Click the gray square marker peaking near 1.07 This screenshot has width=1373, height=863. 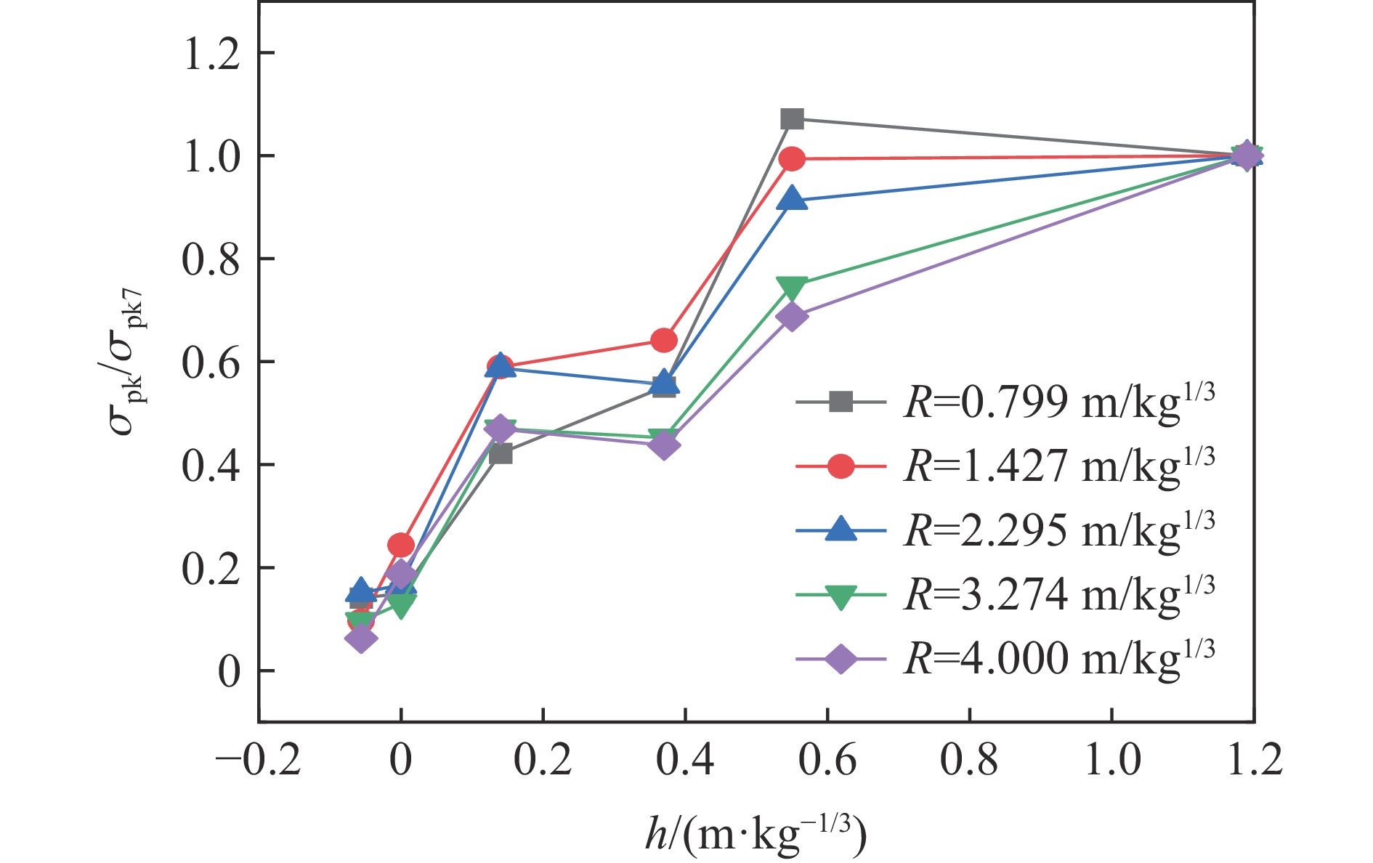coord(792,118)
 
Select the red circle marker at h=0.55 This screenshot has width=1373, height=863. coord(792,158)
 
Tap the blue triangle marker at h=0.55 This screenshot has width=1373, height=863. coord(792,199)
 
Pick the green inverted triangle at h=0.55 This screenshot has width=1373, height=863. coord(792,288)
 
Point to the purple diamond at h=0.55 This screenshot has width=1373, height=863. coord(792,316)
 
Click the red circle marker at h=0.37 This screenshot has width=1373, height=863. coord(664,339)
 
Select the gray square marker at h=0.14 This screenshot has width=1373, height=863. coord(501,454)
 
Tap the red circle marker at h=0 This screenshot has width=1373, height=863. coord(401,544)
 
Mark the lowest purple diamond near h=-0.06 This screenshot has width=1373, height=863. coord(361,639)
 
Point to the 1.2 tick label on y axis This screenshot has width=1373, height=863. coord(211,54)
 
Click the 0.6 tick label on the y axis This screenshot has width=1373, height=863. coord(211,362)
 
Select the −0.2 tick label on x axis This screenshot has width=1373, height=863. coord(258,761)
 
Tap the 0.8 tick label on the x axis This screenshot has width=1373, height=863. coord(969,761)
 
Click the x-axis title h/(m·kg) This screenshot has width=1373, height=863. coord(756,836)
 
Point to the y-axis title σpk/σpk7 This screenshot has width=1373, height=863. coord(129,361)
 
